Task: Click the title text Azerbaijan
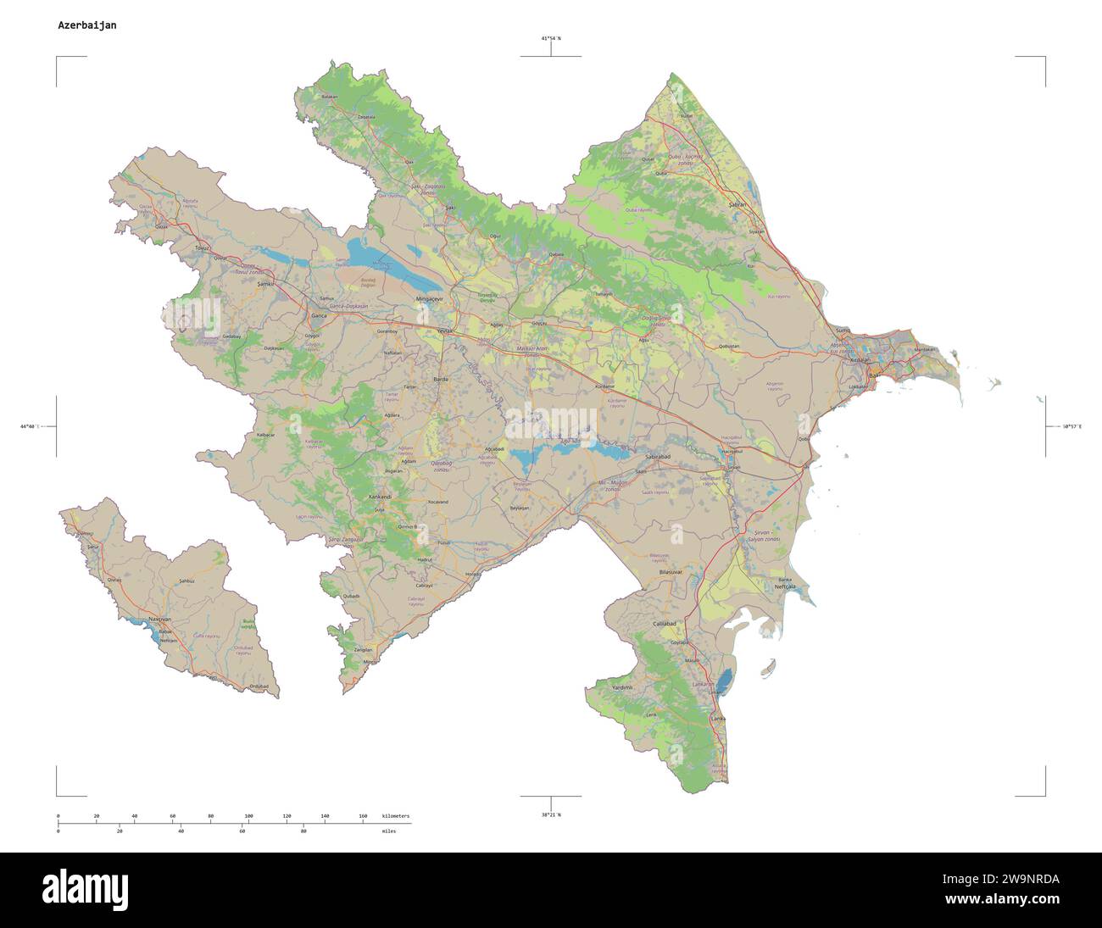coord(87,25)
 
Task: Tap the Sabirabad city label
coord(658,457)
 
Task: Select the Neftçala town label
coord(785,586)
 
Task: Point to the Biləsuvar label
coord(671,574)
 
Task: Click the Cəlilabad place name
coord(665,623)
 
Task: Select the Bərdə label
coord(440,379)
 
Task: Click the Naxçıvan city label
coord(160,620)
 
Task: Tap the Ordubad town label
coord(259,686)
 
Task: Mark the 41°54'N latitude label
coord(551,39)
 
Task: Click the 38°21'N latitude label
coord(551,814)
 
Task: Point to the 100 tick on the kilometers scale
coord(248,815)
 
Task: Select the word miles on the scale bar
coord(390,831)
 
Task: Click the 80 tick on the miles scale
coord(303,831)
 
